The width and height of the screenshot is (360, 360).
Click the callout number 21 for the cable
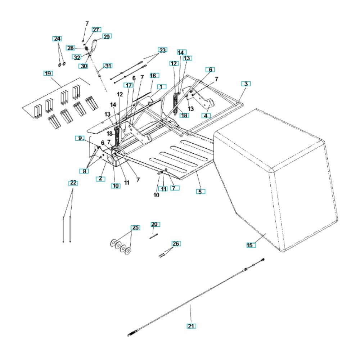click(191, 326)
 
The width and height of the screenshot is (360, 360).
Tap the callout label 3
click(246, 84)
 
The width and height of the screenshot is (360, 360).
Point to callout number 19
click(48, 73)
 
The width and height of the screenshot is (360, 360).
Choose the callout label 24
click(57, 39)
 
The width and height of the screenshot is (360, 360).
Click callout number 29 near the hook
click(107, 37)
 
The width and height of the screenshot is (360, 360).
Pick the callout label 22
click(73, 183)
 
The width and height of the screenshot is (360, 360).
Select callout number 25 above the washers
click(135, 228)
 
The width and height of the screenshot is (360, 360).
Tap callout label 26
click(176, 244)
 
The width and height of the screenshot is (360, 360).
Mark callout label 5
click(200, 192)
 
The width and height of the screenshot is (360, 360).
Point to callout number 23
click(162, 50)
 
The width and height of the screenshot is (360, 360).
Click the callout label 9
click(80, 138)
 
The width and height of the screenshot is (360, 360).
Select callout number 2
click(100, 179)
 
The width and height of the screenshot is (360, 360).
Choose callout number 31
click(108, 66)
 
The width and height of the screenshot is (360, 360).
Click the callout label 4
click(206, 116)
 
